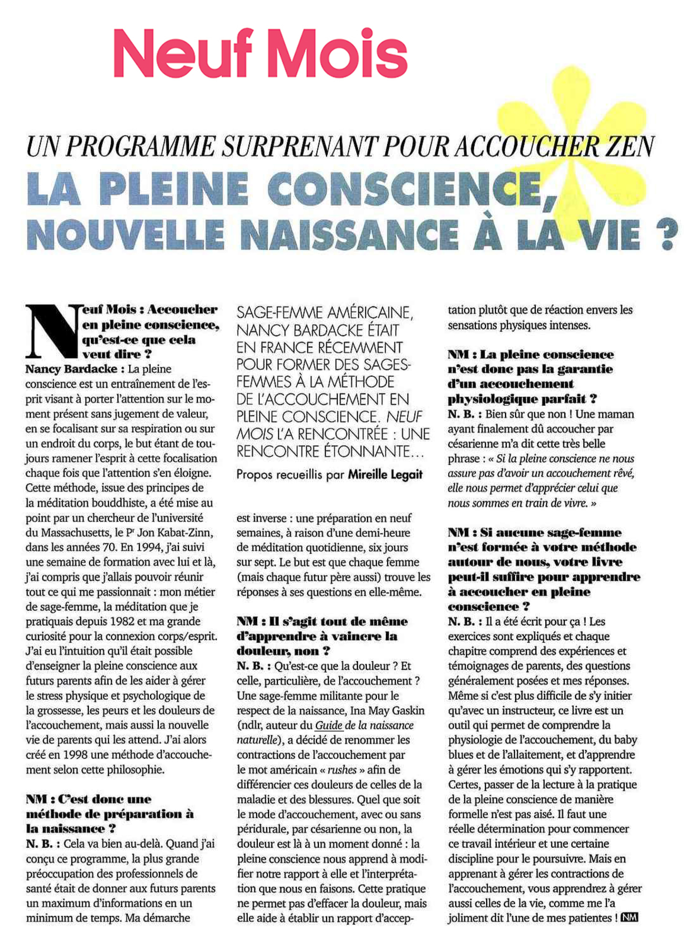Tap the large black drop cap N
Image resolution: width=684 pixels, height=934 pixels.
click(52, 331)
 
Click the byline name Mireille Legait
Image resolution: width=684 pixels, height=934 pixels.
click(385, 475)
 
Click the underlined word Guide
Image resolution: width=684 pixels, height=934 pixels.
click(329, 725)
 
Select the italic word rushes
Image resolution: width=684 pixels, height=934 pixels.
click(342, 770)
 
